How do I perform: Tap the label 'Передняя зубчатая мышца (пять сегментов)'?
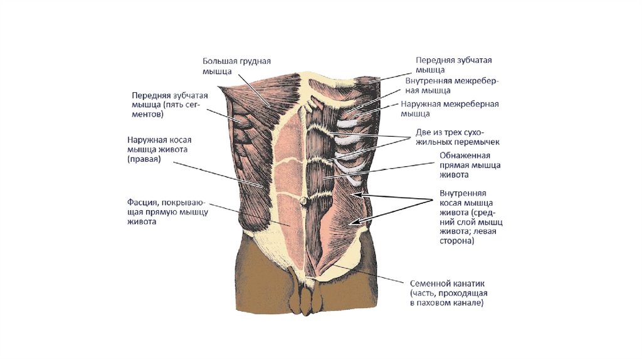[169, 105]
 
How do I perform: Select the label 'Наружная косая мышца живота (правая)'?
[161, 149]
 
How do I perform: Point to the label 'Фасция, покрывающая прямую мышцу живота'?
[167, 213]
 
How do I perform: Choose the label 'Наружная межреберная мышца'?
[450, 109]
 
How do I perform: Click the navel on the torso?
[303, 201]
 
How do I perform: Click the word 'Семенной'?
[428, 283]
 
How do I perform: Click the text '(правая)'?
[144, 159]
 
